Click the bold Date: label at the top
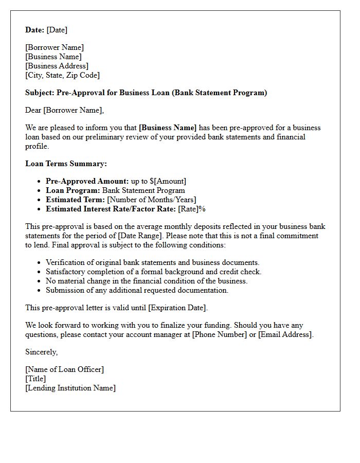coord(34,30)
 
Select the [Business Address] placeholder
coord(57,66)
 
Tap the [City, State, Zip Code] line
coord(62,75)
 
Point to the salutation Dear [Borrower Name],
coord(64,110)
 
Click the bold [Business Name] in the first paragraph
coord(168,128)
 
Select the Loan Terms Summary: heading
coord(66,164)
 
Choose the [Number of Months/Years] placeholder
coord(151,200)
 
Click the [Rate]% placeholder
coord(192,209)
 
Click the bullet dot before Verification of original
coord(39,263)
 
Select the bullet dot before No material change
coord(39,281)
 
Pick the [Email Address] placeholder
coord(285,334)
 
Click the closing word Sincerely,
coord(42,352)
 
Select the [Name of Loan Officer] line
coord(64,369)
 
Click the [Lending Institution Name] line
coord(70,388)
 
